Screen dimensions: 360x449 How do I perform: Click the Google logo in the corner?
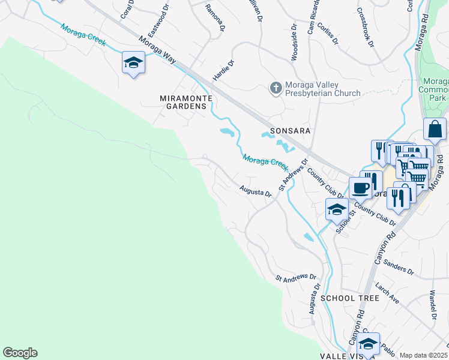[20, 353]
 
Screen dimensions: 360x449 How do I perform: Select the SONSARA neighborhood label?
[290, 130]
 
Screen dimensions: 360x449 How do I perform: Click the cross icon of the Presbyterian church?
[276, 88]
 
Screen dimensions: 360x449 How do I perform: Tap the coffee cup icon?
[361, 188]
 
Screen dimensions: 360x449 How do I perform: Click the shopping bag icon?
[434, 129]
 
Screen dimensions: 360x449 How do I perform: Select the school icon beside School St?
[337, 210]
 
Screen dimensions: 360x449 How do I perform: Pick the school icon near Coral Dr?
[133, 62]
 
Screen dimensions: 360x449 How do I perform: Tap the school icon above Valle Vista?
[368, 343]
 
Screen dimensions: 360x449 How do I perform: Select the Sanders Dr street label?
[399, 268]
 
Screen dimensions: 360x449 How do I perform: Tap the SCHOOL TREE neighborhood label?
[350, 298]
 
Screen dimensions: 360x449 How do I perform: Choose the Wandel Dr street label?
[432, 305]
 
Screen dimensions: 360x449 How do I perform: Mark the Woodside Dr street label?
[294, 43]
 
